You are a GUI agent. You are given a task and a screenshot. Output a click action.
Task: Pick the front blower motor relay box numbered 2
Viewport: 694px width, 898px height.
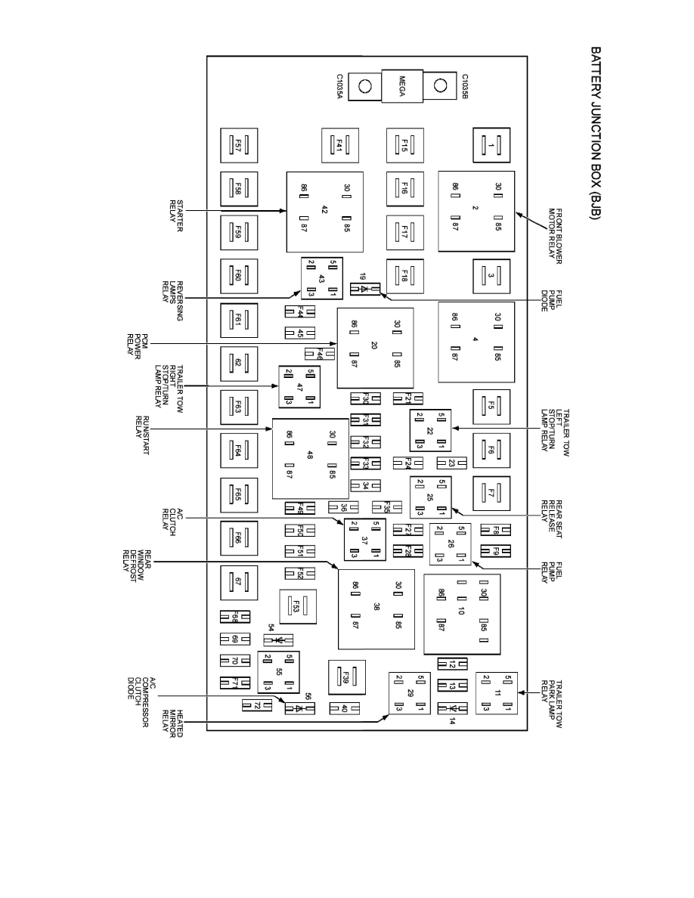coord(476,211)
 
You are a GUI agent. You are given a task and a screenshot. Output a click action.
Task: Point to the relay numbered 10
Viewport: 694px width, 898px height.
coord(461,614)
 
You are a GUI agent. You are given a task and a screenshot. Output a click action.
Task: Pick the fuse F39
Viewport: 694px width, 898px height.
coord(347,676)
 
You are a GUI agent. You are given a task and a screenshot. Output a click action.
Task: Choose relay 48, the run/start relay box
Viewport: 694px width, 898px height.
coord(310,459)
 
